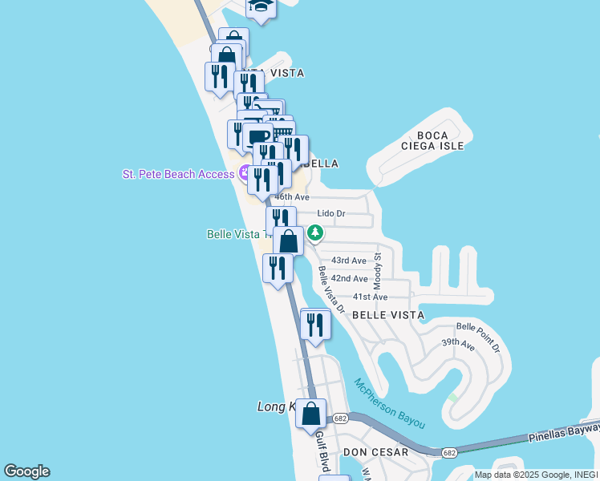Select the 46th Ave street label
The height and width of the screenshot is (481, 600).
click(x=292, y=196)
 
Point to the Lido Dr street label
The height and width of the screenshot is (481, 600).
click(x=330, y=214)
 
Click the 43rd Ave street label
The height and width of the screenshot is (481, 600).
click(x=349, y=261)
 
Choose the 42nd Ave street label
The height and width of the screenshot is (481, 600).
click(x=349, y=279)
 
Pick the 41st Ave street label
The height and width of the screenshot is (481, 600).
click(x=370, y=297)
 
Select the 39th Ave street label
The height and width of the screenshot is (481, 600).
click(x=458, y=344)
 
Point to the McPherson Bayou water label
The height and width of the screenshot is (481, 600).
click(x=389, y=403)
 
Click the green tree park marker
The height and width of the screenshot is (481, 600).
click(x=316, y=233)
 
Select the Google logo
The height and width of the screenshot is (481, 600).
click(x=26, y=471)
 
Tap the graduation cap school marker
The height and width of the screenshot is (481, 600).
click(x=261, y=6)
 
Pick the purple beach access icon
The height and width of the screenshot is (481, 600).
click(x=242, y=174)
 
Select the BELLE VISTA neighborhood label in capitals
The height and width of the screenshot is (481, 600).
click(x=388, y=315)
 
